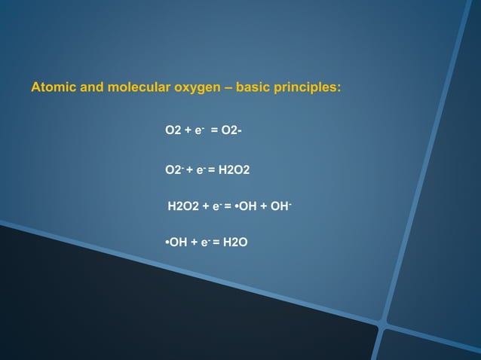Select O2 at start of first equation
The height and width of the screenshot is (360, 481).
coord(173,131)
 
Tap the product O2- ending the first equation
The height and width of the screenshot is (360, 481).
coord(232,131)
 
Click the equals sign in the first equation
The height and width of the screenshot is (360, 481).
coord(214,131)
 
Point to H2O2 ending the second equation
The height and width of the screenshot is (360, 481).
coord(234,170)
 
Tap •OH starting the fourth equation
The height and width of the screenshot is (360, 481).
coord(176,242)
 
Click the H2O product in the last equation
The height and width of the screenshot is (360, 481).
coord(234,242)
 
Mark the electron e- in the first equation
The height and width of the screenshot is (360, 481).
coord(199,131)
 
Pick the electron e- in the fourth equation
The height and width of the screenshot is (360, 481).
coord(204,242)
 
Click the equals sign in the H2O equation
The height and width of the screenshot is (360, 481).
coord(217,242)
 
